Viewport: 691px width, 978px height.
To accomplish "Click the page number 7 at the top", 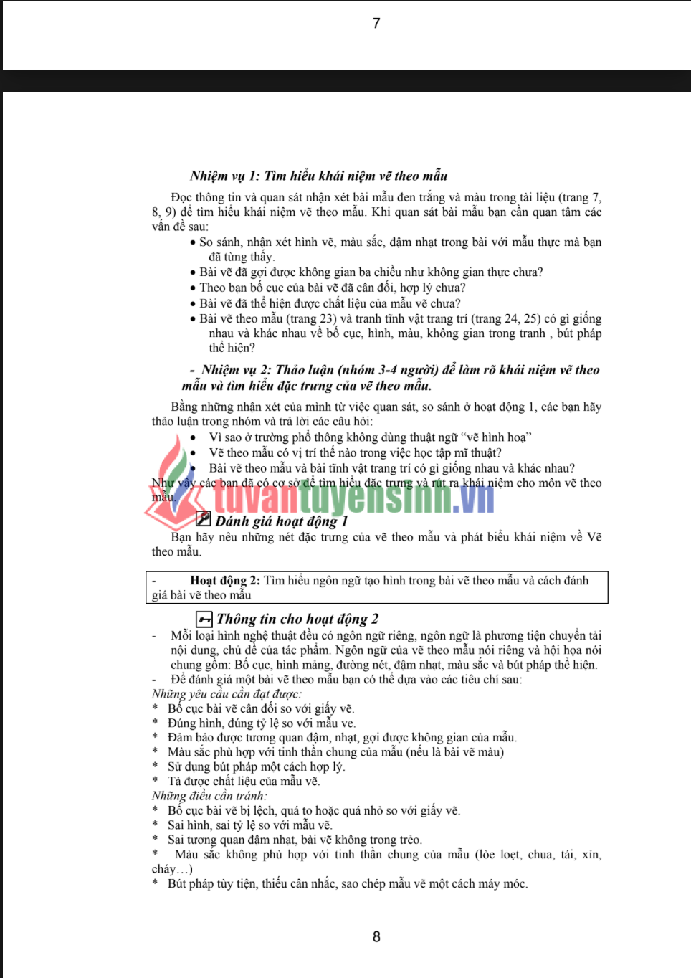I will pos(376,24).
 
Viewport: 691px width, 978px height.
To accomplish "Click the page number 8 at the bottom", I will pos(376,936).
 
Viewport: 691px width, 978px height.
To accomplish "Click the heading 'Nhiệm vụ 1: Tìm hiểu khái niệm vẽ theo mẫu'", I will pos(318,176).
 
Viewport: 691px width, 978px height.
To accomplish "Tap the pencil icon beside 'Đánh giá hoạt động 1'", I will pos(204,518).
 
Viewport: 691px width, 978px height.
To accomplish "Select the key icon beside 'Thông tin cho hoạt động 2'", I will pos(204,619).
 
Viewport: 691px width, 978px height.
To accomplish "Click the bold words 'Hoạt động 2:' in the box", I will pos(224,580).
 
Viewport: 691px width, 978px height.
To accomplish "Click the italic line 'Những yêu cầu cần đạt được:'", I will pos(227,693).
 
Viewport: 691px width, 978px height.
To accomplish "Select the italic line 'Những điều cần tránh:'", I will pos(209,795).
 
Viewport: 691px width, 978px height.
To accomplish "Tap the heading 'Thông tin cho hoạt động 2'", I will pos(297,619).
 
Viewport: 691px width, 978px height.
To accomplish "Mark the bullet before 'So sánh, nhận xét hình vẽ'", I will pos(193,242).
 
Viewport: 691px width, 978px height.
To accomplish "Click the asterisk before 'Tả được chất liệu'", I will pos(155,782).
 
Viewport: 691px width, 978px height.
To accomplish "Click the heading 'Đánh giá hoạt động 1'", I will pos(282,521).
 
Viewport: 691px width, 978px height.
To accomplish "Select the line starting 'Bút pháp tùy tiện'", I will pos(348,883).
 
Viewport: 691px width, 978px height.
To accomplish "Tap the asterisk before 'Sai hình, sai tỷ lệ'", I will pos(155,825).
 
